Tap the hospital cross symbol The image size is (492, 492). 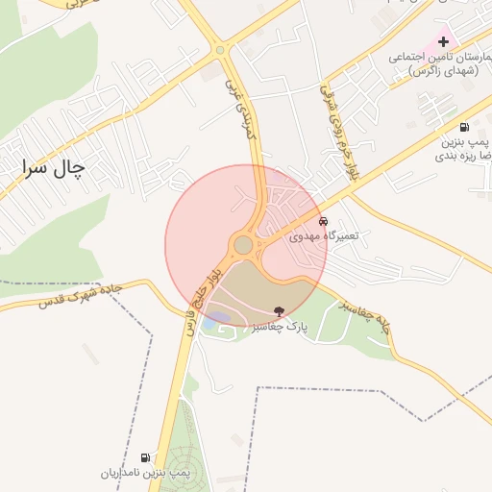click(x=443, y=41)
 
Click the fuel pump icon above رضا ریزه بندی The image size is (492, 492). click(x=465, y=127)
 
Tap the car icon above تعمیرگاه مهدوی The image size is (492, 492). click(x=323, y=221)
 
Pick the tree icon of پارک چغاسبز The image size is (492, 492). click(x=280, y=311)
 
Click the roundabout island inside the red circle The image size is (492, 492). click(x=243, y=245)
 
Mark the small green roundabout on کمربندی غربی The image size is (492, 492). click(x=220, y=50)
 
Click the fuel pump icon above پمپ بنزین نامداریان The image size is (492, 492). click(x=145, y=457)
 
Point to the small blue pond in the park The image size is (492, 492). click(x=218, y=318)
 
